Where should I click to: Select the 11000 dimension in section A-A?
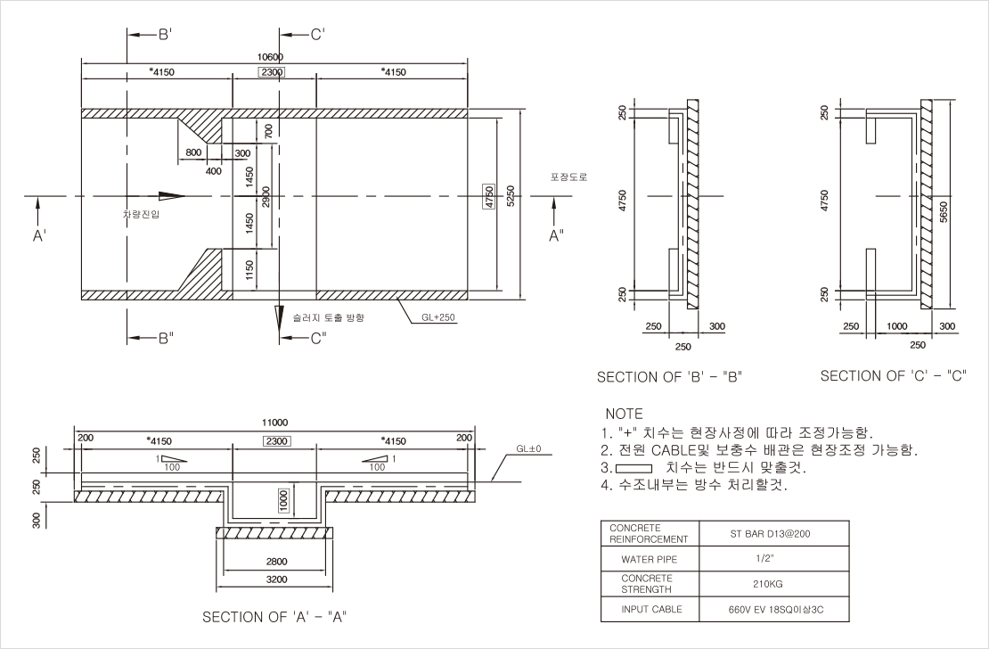[x=274, y=423]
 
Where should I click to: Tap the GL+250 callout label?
[x=439, y=316]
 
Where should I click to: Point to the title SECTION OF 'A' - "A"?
[x=274, y=617]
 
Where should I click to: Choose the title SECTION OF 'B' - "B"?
[x=669, y=377]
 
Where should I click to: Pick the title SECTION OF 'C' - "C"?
[x=894, y=376]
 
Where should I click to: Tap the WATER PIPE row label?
[x=650, y=560]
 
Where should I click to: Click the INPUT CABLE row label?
[x=651, y=609]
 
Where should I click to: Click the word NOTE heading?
[x=624, y=415]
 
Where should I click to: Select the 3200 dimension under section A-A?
[x=276, y=579]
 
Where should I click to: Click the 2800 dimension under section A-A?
[x=276, y=563]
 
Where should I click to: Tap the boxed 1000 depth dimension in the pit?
[x=283, y=500]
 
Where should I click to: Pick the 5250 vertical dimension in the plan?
[x=510, y=196]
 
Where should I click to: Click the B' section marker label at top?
[x=165, y=35]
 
